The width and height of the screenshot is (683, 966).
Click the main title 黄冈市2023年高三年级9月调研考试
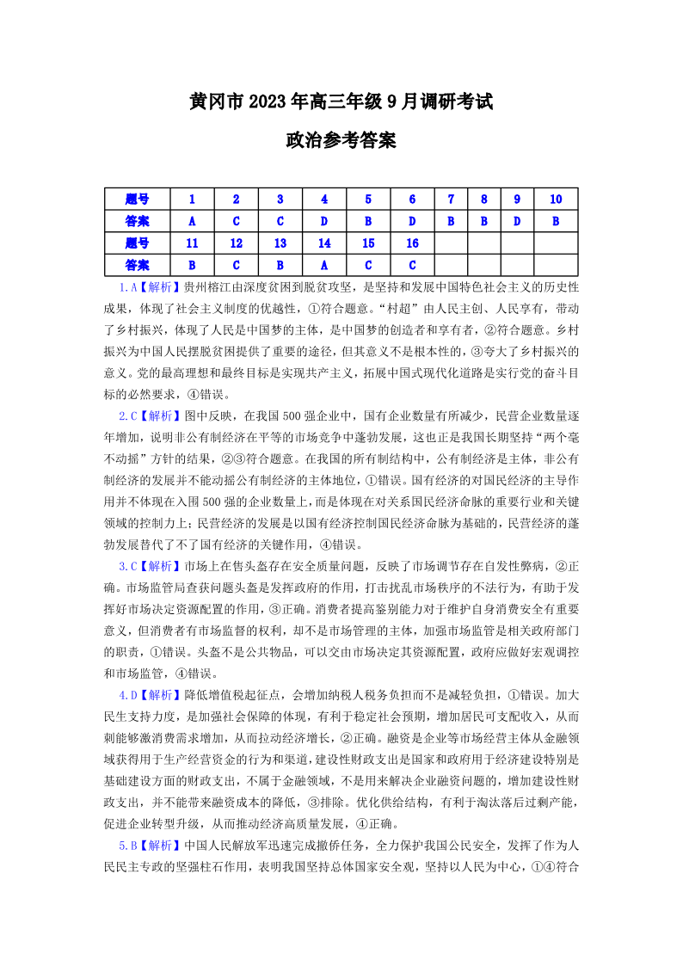(x=341, y=102)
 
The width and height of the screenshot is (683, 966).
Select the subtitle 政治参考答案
(x=341, y=140)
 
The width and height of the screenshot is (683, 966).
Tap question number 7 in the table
(x=451, y=199)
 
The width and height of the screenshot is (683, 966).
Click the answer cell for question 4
(x=324, y=221)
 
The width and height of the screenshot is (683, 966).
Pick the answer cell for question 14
(x=324, y=265)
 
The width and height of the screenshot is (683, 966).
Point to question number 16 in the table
(x=412, y=243)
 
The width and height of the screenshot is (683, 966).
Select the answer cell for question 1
(x=192, y=221)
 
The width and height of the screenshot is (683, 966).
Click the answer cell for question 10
(x=555, y=221)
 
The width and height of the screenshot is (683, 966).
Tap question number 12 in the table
(x=236, y=243)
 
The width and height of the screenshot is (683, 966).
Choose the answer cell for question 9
(x=516, y=221)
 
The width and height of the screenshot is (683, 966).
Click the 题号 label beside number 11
(x=137, y=243)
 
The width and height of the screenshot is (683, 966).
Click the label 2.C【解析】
(x=145, y=415)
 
